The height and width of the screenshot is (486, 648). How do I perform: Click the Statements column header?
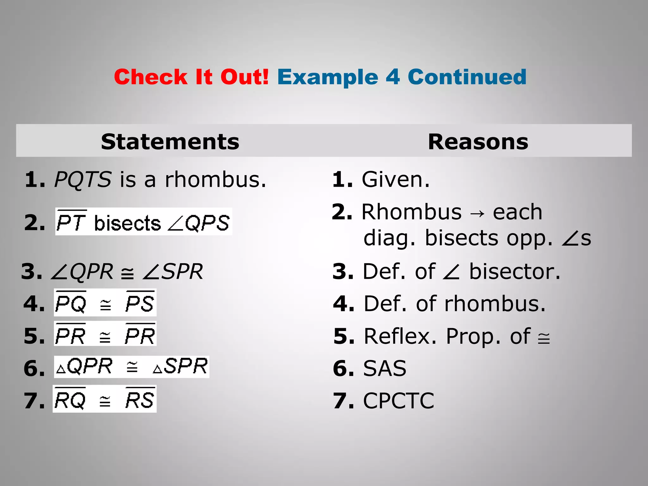tap(170, 141)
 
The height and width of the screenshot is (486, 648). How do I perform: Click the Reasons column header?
tap(478, 141)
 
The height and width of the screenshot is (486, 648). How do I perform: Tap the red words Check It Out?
tap(191, 77)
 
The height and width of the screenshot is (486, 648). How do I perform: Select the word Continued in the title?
tap(467, 77)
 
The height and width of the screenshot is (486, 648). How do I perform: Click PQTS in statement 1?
tap(83, 179)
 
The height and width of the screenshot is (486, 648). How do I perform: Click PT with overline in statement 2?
tap(71, 222)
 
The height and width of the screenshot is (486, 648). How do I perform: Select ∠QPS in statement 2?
tap(199, 223)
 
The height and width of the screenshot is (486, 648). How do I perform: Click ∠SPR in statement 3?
tap(172, 271)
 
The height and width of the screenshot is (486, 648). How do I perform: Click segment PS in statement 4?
tap(140, 303)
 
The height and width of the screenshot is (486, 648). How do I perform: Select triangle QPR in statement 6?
tap(84, 367)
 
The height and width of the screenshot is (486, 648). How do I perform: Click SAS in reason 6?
tap(384, 368)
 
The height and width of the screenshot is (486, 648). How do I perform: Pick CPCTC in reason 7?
tap(398, 401)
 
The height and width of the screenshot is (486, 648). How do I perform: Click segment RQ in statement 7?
tap(70, 400)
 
